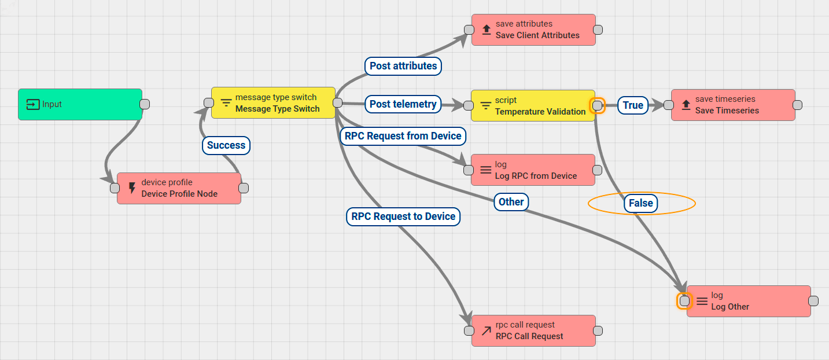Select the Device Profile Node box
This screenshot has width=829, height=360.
[x=179, y=188]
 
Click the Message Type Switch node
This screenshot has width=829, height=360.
[x=273, y=103]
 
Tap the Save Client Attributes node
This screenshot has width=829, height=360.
[x=533, y=30]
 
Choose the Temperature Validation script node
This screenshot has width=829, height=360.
[x=533, y=105]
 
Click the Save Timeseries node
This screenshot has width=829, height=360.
[x=733, y=105]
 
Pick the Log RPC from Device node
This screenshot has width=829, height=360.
[x=533, y=170]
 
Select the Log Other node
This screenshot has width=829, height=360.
[x=749, y=301]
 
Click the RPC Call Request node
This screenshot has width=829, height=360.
[x=533, y=330]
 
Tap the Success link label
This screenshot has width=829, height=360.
[x=226, y=145]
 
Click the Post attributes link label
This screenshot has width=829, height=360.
[x=403, y=66]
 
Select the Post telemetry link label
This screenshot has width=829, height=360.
[x=403, y=104]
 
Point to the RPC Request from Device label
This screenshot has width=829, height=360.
[x=403, y=136]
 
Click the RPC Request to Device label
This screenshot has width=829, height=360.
[x=403, y=216]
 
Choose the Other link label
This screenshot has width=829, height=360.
[x=511, y=201]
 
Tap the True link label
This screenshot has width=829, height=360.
[x=633, y=105]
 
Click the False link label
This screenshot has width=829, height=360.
[x=640, y=203]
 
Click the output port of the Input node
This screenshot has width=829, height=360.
[x=145, y=104]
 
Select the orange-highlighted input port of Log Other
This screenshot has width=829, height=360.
[x=684, y=301]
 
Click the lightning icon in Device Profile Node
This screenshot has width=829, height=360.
[x=131, y=188]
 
